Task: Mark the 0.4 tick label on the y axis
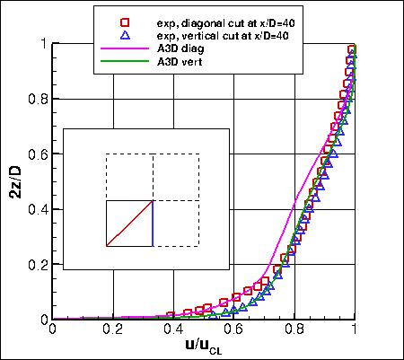(x=37, y=209)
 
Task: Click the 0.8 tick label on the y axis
(x=37, y=99)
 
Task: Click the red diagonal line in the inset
(x=129, y=223)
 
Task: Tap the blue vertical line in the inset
(x=153, y=223)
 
